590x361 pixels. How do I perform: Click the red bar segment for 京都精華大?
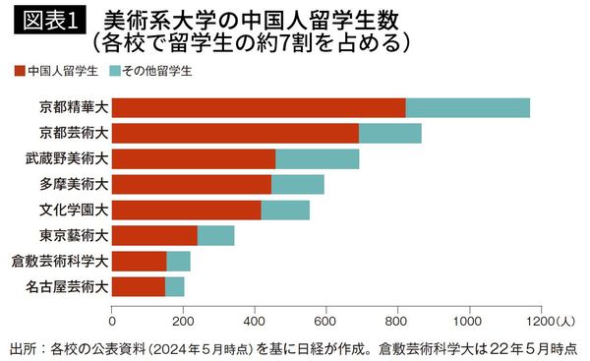point(259,107)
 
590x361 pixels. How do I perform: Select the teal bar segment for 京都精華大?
point(467,107)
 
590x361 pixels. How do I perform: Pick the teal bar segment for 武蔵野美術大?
point(317,158)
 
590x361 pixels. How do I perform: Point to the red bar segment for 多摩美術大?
point(192,184)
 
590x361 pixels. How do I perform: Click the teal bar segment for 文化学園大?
point(285,210)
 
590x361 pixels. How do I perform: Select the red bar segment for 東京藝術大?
point(154,235)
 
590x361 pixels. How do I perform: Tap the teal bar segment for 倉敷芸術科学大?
point(178,261)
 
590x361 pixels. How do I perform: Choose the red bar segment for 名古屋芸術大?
point(139,286)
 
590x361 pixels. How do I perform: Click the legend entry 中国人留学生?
point(60,71)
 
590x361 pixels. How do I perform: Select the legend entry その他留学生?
point(152,71)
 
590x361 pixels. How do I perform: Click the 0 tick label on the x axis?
point(112,321)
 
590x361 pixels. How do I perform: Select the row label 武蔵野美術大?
point(67,158)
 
